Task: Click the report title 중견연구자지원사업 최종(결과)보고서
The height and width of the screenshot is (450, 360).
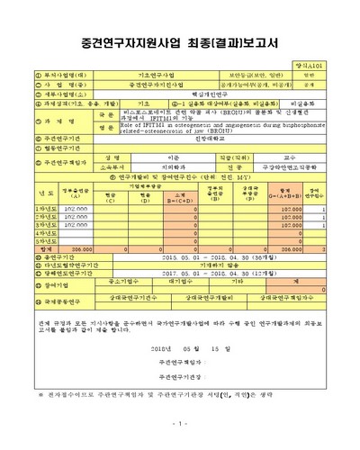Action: [x=180, y=42]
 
